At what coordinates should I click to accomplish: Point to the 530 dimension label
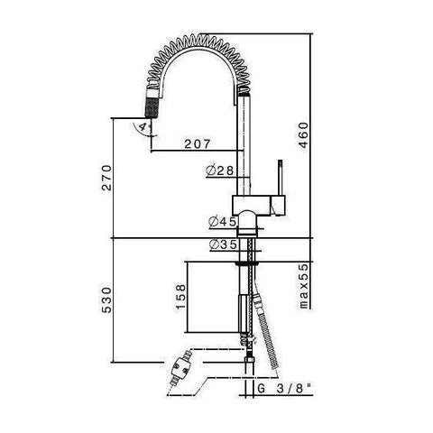click(106, 299)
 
